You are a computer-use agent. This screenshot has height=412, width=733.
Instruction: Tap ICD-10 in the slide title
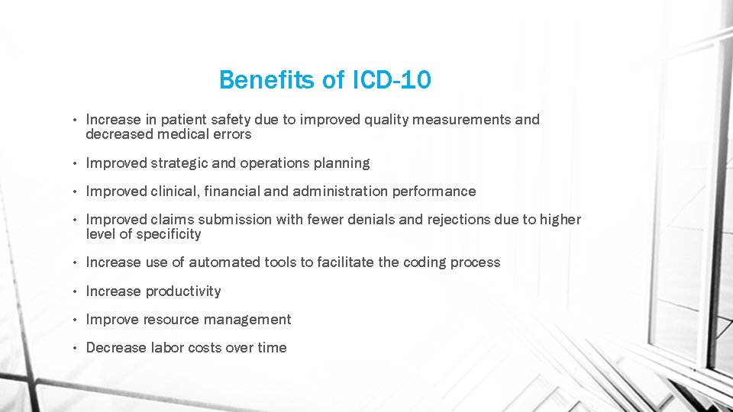click(x=392, y=79)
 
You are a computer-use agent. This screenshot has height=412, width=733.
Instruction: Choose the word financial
click(x=233, y=192)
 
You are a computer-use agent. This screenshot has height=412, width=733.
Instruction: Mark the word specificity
click(x=169, y=234)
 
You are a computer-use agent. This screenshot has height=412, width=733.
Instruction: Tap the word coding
click(x=425, y=262)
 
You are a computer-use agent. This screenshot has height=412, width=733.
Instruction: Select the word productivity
click(x=182, y=291)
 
